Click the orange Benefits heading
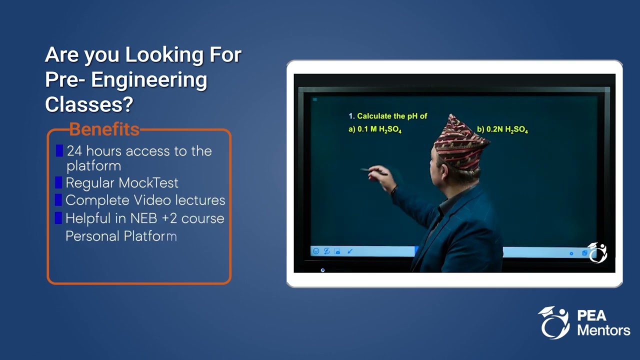pos(104,129)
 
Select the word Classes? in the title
pos(89,104)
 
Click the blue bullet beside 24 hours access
pos(59,150)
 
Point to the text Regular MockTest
pos(122,183)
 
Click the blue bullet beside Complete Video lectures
pos(58,200)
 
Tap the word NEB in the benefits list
pos(144,218)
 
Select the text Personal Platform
pos(121,236)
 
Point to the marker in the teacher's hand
pos(372,171)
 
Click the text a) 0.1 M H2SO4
pos(375,130)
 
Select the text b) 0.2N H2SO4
pos(502,130)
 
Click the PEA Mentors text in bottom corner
pos(603,323)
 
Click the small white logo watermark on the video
pos(597,252)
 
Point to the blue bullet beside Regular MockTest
pos(58,182)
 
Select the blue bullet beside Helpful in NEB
pos(58,218)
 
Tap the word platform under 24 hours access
pos(94,166)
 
